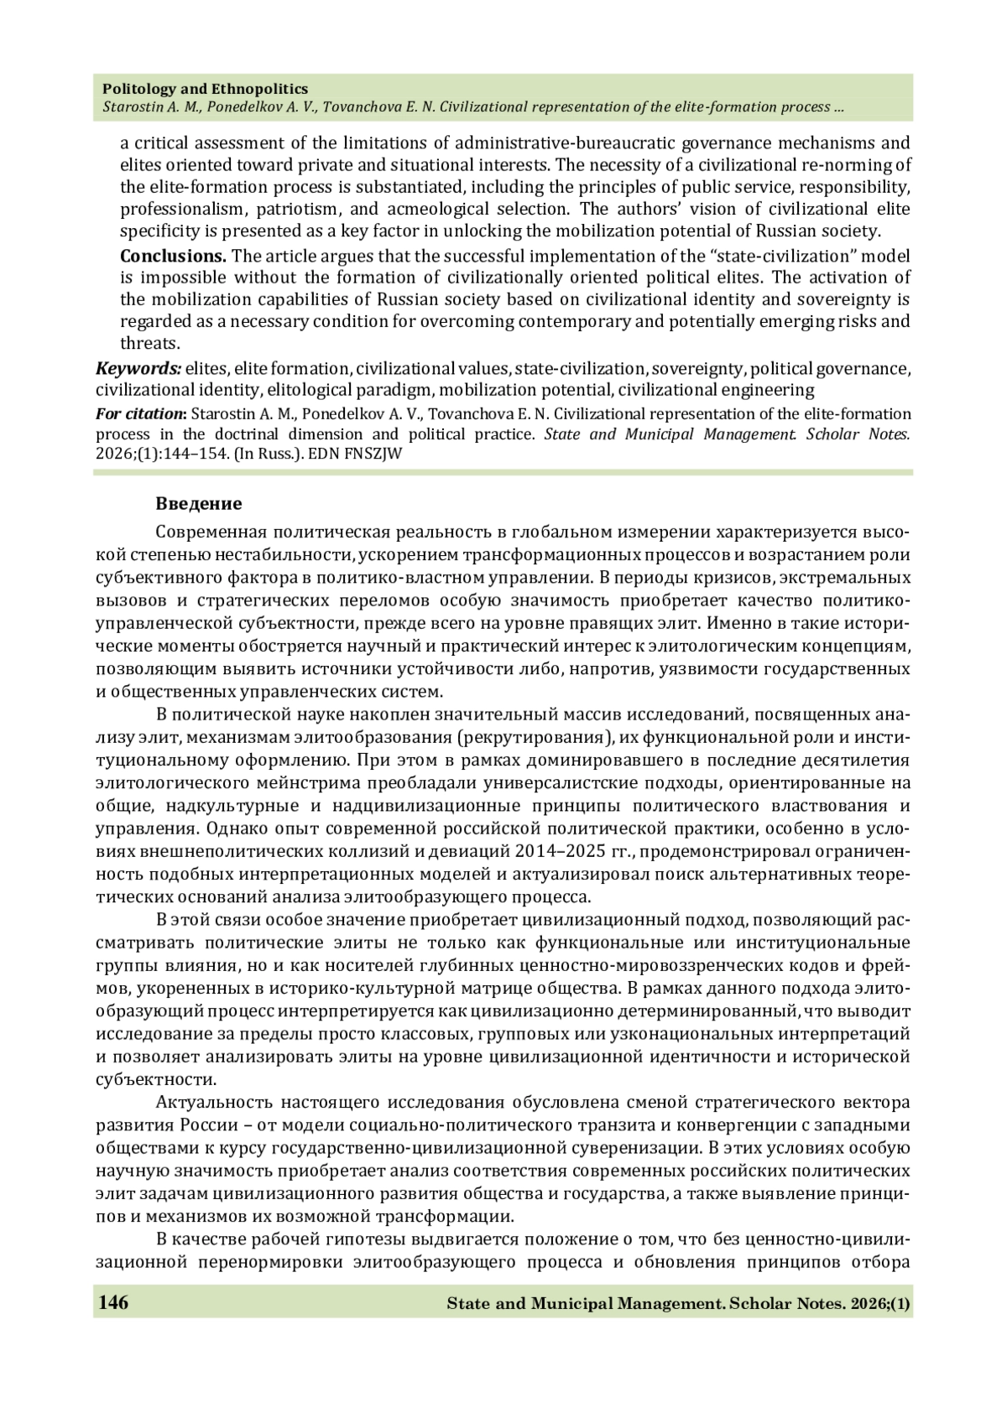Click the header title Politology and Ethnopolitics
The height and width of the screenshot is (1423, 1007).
[x=205, y=89]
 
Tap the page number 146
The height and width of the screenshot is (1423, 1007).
[x=113, y=1302]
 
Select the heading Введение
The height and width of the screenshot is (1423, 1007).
[x=199, y=504]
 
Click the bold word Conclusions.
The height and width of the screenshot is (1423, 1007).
[x=173, y=256]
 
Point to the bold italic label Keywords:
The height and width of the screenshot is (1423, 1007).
[x=138, y=368]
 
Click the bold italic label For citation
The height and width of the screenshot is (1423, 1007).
[x=139, y=414]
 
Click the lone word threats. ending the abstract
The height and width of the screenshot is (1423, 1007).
[x=150, y=343]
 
